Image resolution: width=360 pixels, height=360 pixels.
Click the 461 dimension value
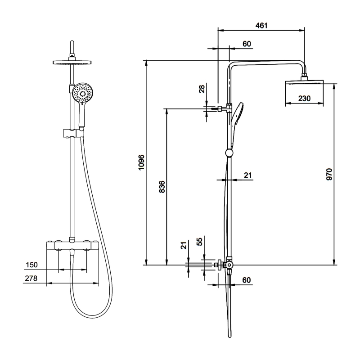261,26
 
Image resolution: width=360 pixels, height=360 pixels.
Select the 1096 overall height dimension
141,162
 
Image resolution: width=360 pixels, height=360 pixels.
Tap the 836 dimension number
162,187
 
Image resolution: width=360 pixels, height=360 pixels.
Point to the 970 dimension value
329,174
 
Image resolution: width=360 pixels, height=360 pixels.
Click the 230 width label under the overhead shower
304,99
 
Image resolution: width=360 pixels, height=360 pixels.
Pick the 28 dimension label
202,89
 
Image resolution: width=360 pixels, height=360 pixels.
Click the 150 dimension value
31,265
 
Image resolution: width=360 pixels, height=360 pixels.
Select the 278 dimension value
31,279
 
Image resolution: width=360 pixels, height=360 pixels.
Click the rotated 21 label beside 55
183,245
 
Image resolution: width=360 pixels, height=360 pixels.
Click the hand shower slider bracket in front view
72,133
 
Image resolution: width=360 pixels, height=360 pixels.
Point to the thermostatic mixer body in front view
72,246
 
